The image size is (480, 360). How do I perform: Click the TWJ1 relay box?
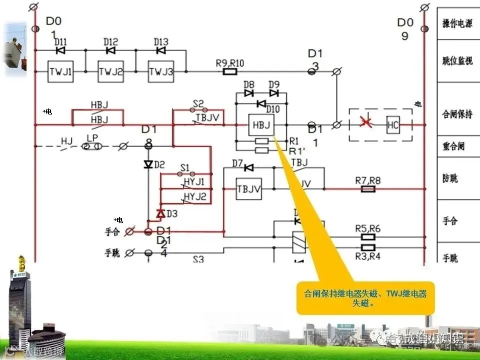coord(60,72)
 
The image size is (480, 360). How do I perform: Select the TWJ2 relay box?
coord(110,72)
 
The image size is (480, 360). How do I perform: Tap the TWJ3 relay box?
coord(161,72)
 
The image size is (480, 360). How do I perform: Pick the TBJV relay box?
coord(249,189)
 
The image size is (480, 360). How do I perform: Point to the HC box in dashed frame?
coord(393,125)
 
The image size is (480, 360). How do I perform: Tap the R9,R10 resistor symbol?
coord(229,72)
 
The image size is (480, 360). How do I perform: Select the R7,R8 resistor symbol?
coord(368,189)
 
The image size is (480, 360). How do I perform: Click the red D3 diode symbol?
coord(160,214)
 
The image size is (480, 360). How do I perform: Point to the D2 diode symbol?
coord(148,164)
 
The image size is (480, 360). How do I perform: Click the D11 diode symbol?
coord(60,50)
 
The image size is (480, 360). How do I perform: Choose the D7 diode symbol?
coord(248,167)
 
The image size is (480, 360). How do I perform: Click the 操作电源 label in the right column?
coord(457,24)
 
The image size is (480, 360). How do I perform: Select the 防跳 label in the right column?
coord(450,178)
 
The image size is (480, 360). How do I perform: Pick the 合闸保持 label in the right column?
coord(457,114)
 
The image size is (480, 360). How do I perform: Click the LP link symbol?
coord(92,146)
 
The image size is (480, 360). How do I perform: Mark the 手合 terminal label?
coord(112,232)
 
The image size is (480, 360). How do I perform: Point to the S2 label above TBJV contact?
coord(198,104)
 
